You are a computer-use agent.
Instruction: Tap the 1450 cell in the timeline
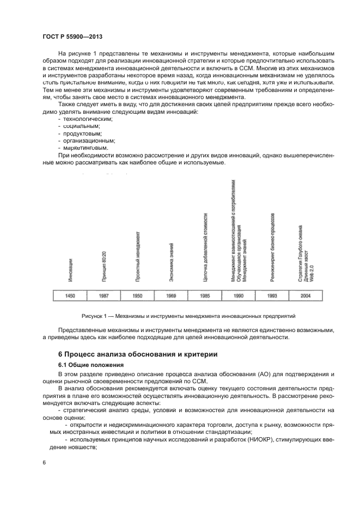click(x=70, y=296)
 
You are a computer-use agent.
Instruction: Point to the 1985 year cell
click(x=205, y=296)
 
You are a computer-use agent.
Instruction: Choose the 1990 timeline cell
click(x=239, y=296)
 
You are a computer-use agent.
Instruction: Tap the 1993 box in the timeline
click(x=272, y=296)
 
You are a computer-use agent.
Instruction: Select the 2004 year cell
click(x=306, y=296)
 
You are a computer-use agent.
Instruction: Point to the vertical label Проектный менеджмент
click(x=138, y=256)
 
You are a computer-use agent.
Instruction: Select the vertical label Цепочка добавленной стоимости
click(x=205, y=247)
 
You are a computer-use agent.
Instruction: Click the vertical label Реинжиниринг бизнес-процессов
click(x=272, y=248)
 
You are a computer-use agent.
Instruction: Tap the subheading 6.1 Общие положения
click(x=91, y=364)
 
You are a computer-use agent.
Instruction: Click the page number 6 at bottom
click(x=45, y=462)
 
